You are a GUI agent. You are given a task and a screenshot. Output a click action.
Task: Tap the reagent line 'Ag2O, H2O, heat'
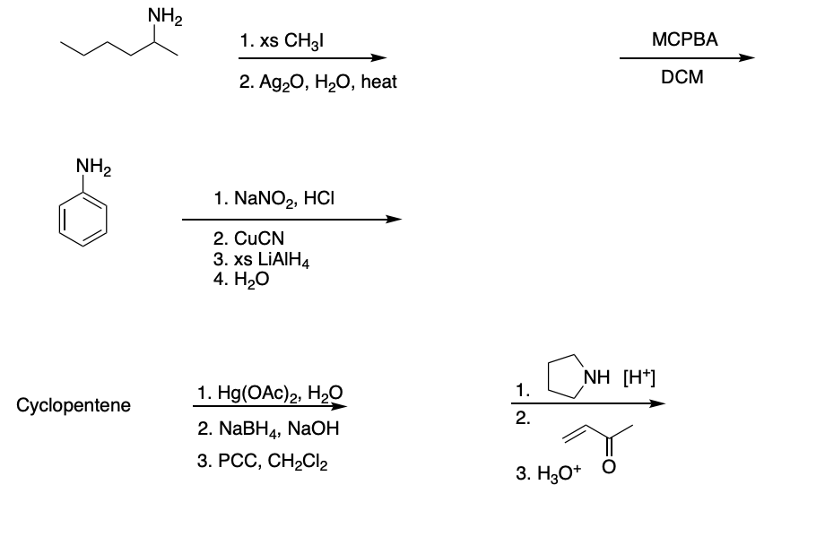coord(306,82)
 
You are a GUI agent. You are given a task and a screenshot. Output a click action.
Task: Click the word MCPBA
coord(686,39)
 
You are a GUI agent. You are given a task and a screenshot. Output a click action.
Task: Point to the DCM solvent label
coord(682,77)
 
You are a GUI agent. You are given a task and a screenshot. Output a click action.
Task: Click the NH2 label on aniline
coord(93,166)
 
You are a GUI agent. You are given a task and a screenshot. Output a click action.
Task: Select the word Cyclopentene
coord(74,405)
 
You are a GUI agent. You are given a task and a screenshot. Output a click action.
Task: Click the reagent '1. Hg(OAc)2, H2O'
coord(267,392)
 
